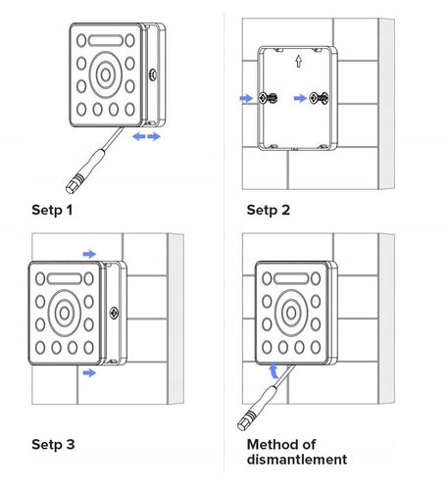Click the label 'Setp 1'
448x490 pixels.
coord(52,210)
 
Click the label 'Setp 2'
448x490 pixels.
coord(269,210)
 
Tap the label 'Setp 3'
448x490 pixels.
coord(53,445)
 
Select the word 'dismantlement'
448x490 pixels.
coord(297,460)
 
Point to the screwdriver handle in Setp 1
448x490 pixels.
coord(85,171)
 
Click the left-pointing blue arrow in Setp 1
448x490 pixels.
coord(139,136)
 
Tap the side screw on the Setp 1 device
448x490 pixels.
coord(153,74)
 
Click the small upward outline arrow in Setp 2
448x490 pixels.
coord(298,61)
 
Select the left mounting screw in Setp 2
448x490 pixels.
coord(268,98)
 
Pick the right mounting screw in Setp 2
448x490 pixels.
coord(319,98)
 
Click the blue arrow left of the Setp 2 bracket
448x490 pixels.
coord(246,98)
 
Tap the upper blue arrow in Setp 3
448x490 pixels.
coord(89,254)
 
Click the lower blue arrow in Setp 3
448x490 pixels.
coord(89,372)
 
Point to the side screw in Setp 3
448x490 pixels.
coord(114,313)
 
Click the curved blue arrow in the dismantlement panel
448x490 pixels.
coord(274,370)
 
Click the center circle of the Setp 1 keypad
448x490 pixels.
coord(106,75)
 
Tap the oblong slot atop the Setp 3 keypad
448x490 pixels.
coord(65,278)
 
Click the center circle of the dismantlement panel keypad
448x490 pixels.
coord(291,313)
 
